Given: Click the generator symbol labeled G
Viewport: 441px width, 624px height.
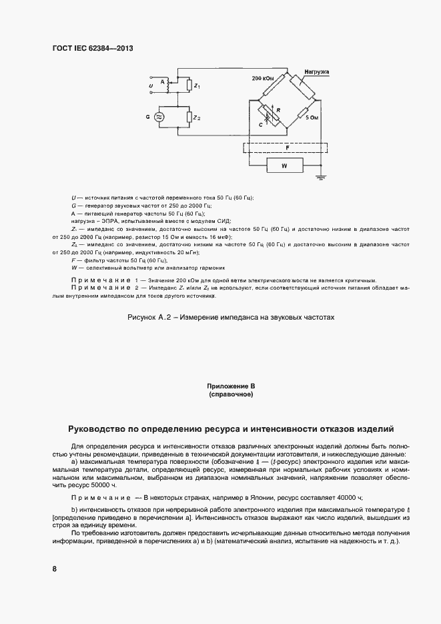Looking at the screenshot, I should coord(159,117).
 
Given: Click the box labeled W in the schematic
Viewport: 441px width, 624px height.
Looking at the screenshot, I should coord(285,165).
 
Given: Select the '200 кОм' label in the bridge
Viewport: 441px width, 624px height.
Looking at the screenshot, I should coord(263,78).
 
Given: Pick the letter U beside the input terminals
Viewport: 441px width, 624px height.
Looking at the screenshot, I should coord(151,86).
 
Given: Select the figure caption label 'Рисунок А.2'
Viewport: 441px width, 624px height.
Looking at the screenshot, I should coord(152,318).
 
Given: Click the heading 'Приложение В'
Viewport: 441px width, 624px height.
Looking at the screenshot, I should coord(232,386).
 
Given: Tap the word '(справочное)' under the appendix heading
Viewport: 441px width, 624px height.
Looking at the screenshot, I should coord(232,394).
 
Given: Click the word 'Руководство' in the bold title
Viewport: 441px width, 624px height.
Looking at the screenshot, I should coord(104,429).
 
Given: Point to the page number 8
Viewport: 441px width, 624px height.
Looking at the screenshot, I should coord(54,569).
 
